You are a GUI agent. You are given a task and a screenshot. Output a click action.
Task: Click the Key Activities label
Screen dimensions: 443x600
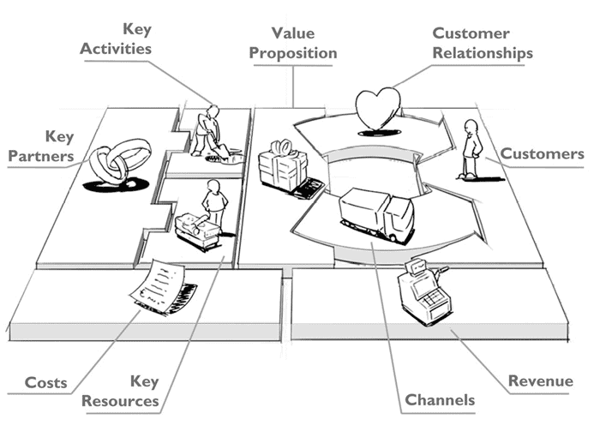pos(116,39)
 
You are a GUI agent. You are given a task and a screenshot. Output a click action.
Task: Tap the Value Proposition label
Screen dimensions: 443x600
pos(291,43)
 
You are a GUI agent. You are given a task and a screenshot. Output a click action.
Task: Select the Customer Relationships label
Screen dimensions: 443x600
pos(482,43)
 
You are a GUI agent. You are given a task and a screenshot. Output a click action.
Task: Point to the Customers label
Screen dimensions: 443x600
pos(542,154)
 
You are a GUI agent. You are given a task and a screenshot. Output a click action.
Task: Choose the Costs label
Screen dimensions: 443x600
pos(45,382)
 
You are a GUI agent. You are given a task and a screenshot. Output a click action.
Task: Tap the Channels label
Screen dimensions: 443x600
pos(440,400)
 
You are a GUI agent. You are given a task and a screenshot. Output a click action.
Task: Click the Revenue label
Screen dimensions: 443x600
pos(540,381)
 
